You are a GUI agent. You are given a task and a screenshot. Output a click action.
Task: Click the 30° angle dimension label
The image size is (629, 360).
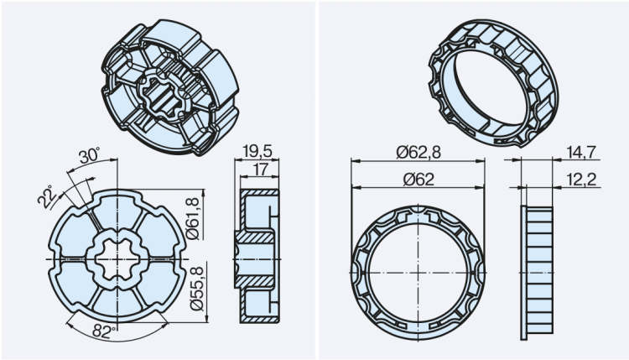(x=90, y=156)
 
